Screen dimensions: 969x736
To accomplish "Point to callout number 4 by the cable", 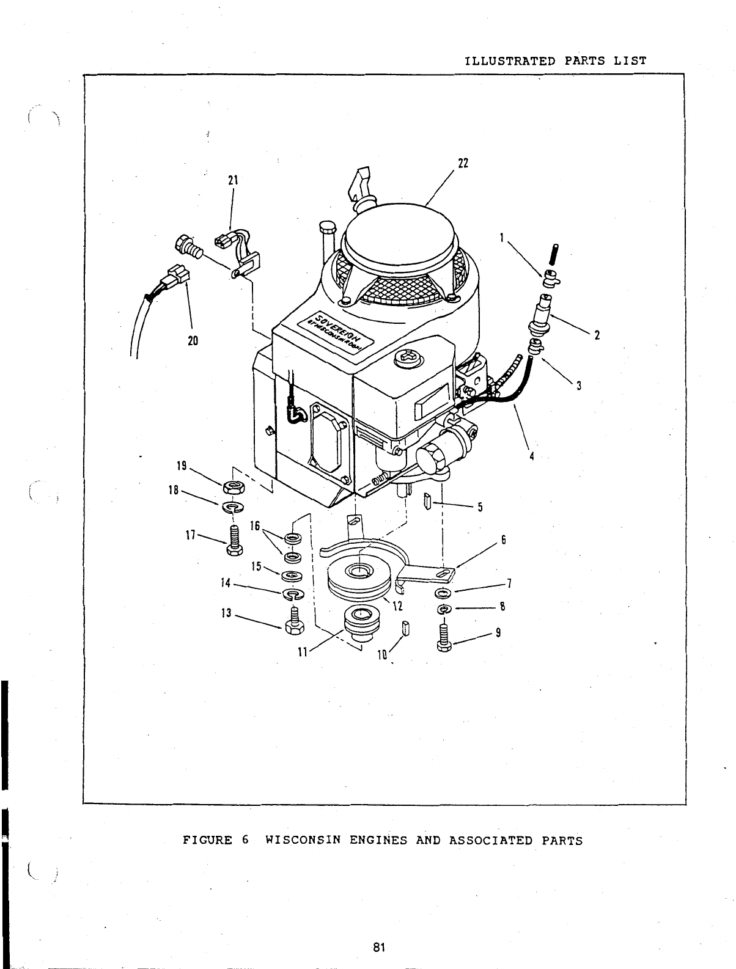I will point(531,456).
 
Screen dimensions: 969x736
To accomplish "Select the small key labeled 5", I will point(427,503).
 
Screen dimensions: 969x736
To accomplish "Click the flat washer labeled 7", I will point(443,593).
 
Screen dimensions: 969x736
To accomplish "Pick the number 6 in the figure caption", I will point(245,840).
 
